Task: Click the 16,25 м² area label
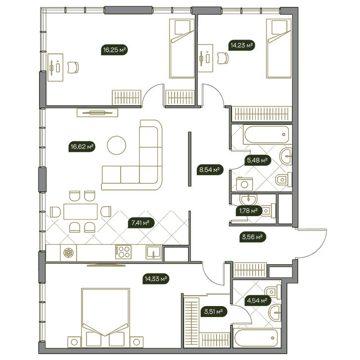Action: click(114, 50)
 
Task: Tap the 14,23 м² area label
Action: click(241, 45)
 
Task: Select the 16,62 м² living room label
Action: click(82, 146)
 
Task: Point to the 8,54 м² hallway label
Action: click(210, 170)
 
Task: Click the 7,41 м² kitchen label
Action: click(141, 223)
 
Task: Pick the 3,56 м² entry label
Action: click(253, 237)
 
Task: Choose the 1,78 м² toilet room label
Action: click(248, 210)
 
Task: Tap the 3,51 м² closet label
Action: click(214, 312)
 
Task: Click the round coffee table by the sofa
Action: click(116, 145)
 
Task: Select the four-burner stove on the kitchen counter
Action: click(123, 252)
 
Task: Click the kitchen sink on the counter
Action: click(154, 252)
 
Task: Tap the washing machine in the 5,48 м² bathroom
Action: click(244, 184)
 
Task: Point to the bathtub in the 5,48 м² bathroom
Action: click(267, 135)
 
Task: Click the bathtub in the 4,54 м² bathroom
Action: click(257, 338)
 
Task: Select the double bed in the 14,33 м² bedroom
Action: click(105, 317)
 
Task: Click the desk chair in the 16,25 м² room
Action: click(73, 67)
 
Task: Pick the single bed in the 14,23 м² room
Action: click(279, 48)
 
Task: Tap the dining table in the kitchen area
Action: click(80, 212)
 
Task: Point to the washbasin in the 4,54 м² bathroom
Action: click(275, 313)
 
